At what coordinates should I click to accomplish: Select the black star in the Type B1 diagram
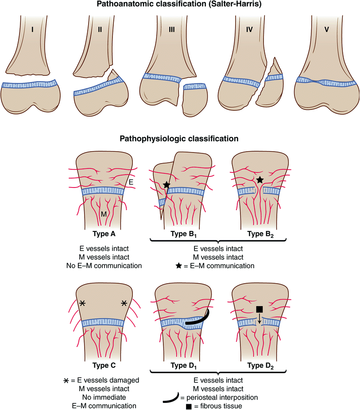(x=166, y=184)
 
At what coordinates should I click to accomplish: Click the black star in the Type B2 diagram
(x=259, y=180)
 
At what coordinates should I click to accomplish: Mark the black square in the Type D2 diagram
(x=259, y=308)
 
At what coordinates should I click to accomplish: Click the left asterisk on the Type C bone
(x=82, y=303)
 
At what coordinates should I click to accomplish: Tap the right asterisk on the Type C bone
(x=124, y=303)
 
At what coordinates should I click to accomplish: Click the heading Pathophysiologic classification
(x=180, y=139)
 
